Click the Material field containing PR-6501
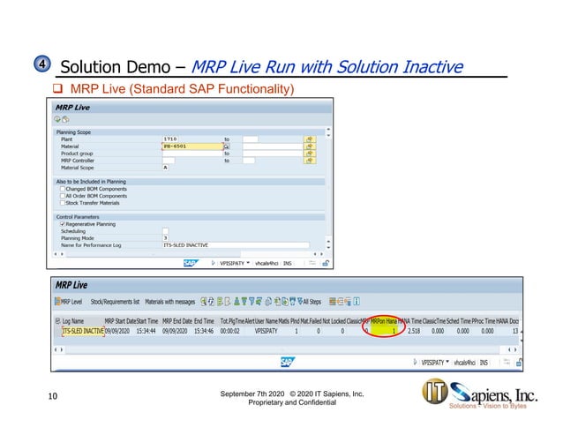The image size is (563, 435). coord(182,146)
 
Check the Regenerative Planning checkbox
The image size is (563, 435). coord(62,224)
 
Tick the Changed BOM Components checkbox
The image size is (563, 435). coord(62,188)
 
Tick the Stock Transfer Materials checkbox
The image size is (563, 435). coord(62,202)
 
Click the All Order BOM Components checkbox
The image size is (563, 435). coord(62,195)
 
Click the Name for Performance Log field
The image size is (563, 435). coord(234,245)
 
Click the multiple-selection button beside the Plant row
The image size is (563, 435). coord(310,139)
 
